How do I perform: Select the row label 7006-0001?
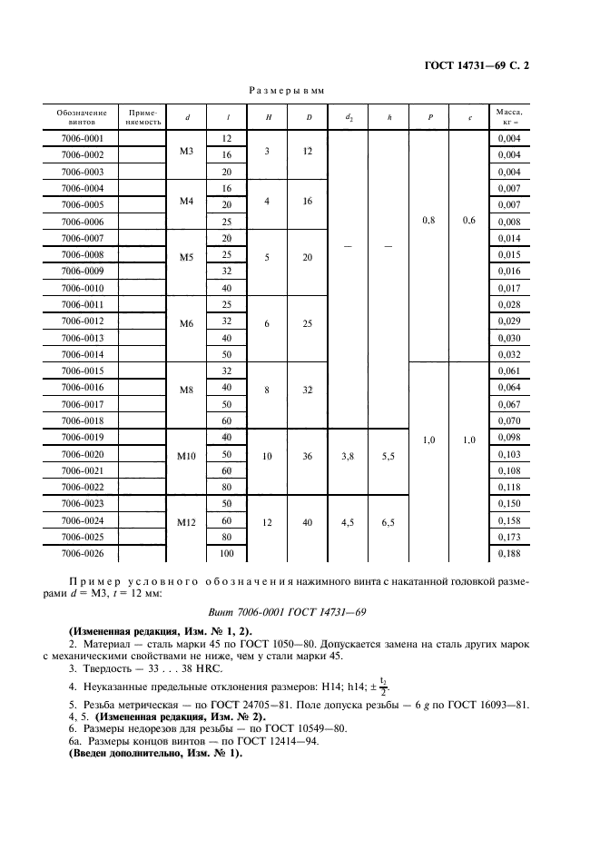(82, 139)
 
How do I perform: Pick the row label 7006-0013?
(82, 337)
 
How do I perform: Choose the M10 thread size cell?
(187, 453)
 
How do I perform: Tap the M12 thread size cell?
(187, 521)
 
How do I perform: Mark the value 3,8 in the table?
(349, 453)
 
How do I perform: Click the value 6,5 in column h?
(389, 521)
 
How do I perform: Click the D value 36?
(308, 453)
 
